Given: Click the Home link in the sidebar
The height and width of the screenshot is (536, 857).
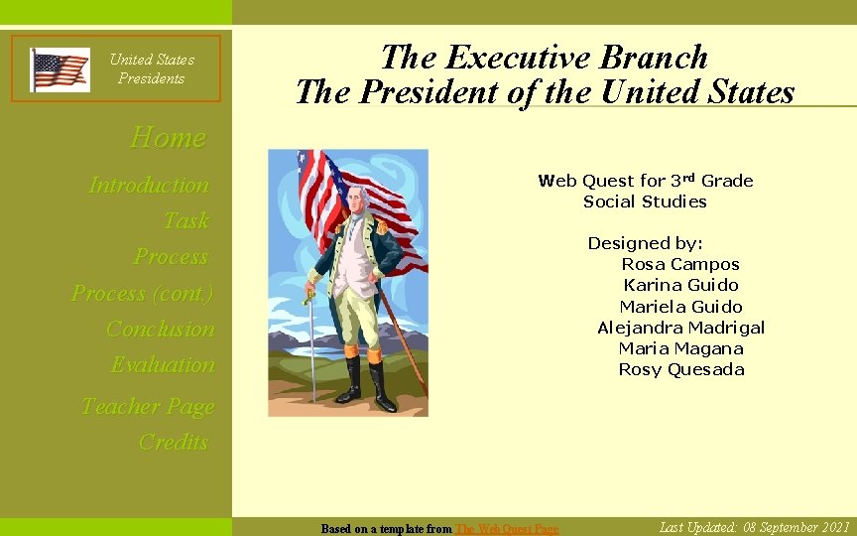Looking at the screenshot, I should (168, 137).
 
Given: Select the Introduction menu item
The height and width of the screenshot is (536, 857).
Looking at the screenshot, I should (149, 185).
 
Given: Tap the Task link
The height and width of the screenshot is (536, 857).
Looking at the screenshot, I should (186, 220).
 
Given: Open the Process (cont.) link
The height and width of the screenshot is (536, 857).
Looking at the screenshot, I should (142, 293).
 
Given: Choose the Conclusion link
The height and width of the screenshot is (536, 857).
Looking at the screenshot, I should (160, 329).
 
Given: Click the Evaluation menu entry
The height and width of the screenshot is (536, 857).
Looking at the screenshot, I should (163, 364).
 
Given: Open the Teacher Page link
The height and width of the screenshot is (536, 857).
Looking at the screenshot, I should (147, 406).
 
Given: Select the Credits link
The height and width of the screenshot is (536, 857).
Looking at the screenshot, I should (174, 442).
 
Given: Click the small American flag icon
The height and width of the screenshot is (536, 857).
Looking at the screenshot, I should (60, 69).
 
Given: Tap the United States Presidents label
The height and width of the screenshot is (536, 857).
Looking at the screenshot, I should (152, 68).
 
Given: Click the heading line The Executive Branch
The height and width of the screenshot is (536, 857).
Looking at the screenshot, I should (544, 57).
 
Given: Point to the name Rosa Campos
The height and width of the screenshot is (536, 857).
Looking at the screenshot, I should (679, 264).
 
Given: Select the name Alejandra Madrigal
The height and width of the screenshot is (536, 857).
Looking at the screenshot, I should (680, 328).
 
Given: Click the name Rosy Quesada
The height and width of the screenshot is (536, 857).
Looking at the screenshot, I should (680, 369).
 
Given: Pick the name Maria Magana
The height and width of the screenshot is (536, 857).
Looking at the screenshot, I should (680, 348).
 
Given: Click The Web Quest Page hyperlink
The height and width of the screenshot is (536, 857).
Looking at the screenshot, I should (506, 529).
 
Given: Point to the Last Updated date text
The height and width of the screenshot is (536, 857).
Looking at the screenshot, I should (754, 527).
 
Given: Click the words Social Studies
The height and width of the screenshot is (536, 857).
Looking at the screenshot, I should (645, 201).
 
